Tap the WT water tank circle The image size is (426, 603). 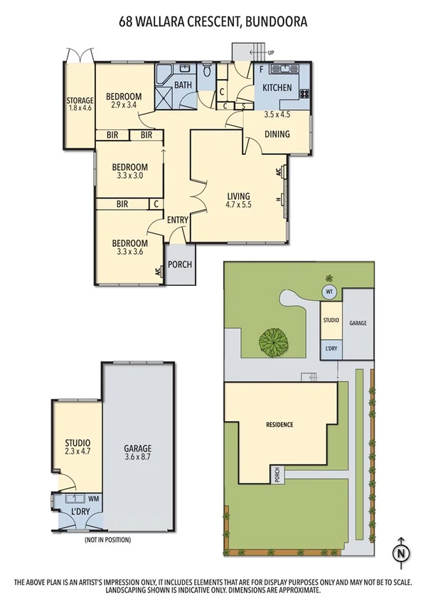coord(329,292)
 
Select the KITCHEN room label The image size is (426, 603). coord(277,88)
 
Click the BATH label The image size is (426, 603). coord(183,85)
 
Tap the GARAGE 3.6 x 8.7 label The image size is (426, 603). coord(138,453)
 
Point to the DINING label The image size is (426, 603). coord(277,134)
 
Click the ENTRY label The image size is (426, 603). coord(177,220)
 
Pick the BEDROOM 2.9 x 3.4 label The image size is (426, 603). coord(124,101)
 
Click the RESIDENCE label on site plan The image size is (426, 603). coord(279,425)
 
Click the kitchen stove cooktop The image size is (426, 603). coord(304,93)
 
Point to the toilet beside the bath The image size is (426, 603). coord(207,71)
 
